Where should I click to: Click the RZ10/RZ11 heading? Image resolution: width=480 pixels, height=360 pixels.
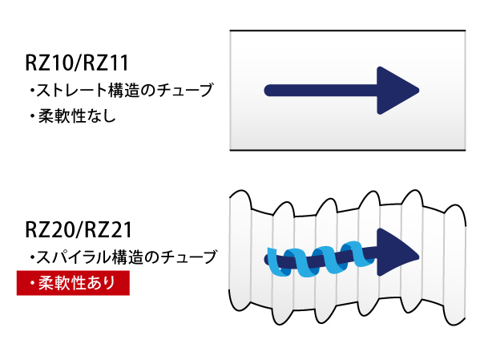pyautogui.click(x=77, y=63)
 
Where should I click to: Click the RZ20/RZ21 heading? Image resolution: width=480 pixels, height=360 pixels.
pyautogui.click(x=79, y=229)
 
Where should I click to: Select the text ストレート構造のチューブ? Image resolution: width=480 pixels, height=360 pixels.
pyautogui.click(x=124, y=90)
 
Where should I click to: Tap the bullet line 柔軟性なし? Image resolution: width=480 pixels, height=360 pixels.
pyautogui.click(x=73, y=116)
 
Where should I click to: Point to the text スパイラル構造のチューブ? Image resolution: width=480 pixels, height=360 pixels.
pyautogui.click(x=127, y=257)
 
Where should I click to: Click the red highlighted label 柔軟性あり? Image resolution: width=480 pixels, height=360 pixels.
pyautogui.click(x=73, y=283)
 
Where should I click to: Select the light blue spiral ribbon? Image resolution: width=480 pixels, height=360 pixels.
pyautogui.click(x=321, y=259)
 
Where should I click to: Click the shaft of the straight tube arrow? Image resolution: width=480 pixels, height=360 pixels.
pyautogui.click(x=321, y=91)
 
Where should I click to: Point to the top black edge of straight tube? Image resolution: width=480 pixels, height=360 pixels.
pyautogui.click(x=348, y=30)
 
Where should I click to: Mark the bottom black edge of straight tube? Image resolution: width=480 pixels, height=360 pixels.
pyautogui.click(x=348, y=150)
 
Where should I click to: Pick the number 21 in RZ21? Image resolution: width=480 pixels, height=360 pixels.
pyautogui.click(x=121, y=230)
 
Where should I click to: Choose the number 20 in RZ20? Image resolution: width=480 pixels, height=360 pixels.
pyautogui.click(x=62, y=230)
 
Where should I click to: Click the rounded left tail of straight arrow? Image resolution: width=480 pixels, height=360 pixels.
pyautogui.click(x=269, y=91)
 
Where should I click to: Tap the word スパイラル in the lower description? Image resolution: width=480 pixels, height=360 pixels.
pyautogui.click(x=74, y=257)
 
